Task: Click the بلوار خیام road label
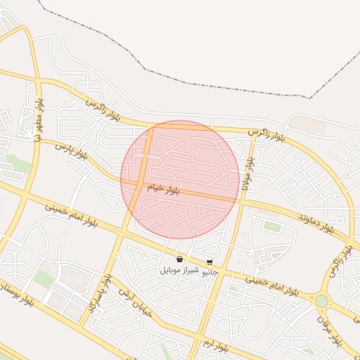163,189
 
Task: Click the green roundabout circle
321,301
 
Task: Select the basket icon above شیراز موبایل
180,259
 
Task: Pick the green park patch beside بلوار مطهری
20,165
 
